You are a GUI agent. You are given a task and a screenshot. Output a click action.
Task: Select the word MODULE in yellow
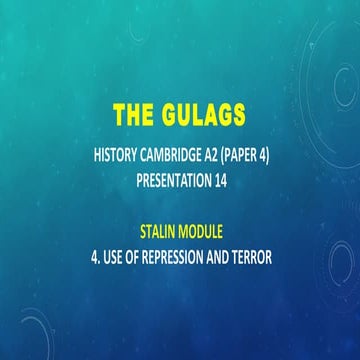[x=207, y=226]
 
